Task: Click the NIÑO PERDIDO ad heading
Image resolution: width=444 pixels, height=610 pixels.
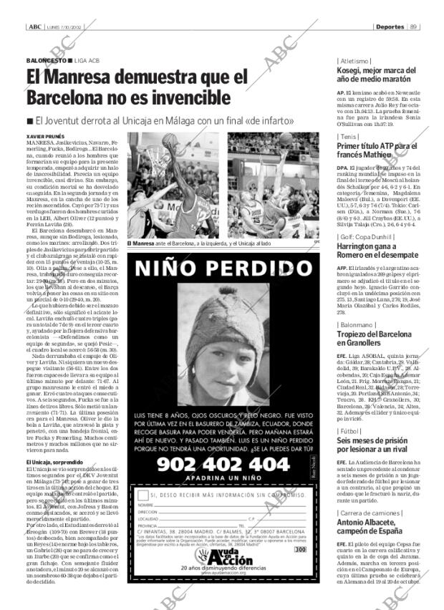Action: (x=221, y=268)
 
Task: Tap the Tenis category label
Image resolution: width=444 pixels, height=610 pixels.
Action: (x=349, y=136)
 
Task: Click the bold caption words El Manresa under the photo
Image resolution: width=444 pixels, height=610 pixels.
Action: (x=140, y=244)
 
